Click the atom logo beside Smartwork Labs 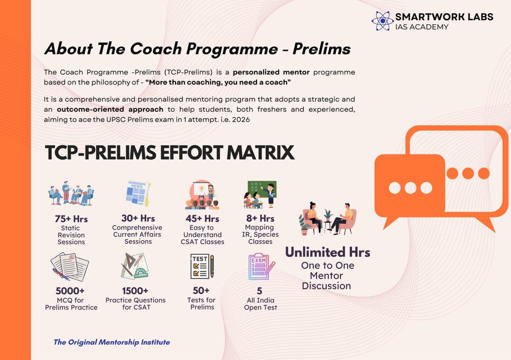coord(382,21)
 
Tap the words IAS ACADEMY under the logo coord(422,27)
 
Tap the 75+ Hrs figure coord(71,219)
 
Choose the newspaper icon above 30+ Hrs coord(137,194)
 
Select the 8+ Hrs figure coord(260,219)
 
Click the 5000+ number coord(70,291)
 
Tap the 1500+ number coord(135,291)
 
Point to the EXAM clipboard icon coord(261,266)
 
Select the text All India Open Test coord(261,304)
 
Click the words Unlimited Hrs coord(327,252)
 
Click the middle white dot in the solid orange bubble coord(411,188)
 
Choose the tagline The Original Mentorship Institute coord(112,342)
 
